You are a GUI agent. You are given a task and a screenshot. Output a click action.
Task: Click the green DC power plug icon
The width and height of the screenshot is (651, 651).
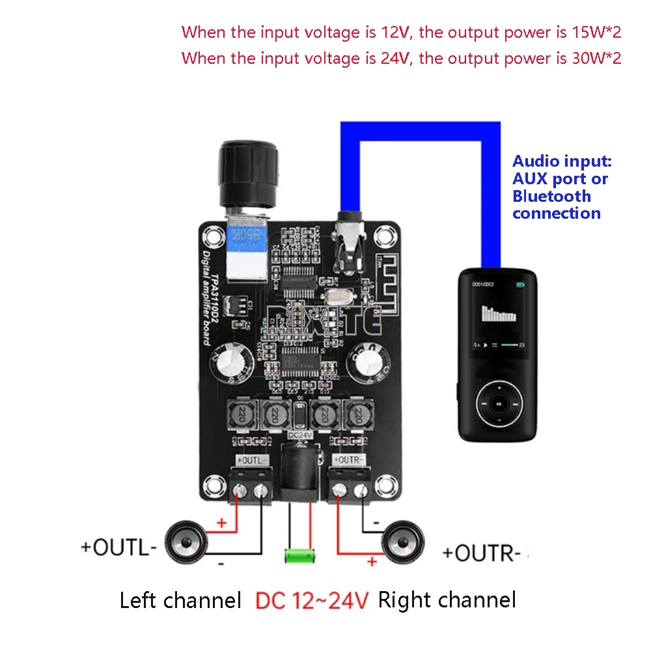[299, 556]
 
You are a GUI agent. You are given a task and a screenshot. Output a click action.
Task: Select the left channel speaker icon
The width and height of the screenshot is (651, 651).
[186, 544]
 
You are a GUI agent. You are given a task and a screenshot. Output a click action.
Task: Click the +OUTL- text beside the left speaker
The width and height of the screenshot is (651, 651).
[118, 547]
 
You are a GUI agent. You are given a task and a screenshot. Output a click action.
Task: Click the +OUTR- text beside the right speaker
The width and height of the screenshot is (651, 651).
[482, 553]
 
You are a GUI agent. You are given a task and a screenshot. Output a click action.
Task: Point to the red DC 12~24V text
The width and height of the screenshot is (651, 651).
[313, 600]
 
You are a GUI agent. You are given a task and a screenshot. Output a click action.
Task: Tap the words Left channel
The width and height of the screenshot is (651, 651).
[180, 600]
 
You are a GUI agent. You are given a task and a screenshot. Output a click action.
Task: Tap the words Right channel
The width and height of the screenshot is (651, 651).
[447, 600]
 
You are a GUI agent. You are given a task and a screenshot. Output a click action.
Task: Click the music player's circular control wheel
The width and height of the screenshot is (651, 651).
[498, 404]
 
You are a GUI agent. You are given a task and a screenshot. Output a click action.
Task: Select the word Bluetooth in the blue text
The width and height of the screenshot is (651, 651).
[551, 196]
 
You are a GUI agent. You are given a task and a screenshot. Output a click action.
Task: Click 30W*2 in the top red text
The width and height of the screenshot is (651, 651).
[589, 58]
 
